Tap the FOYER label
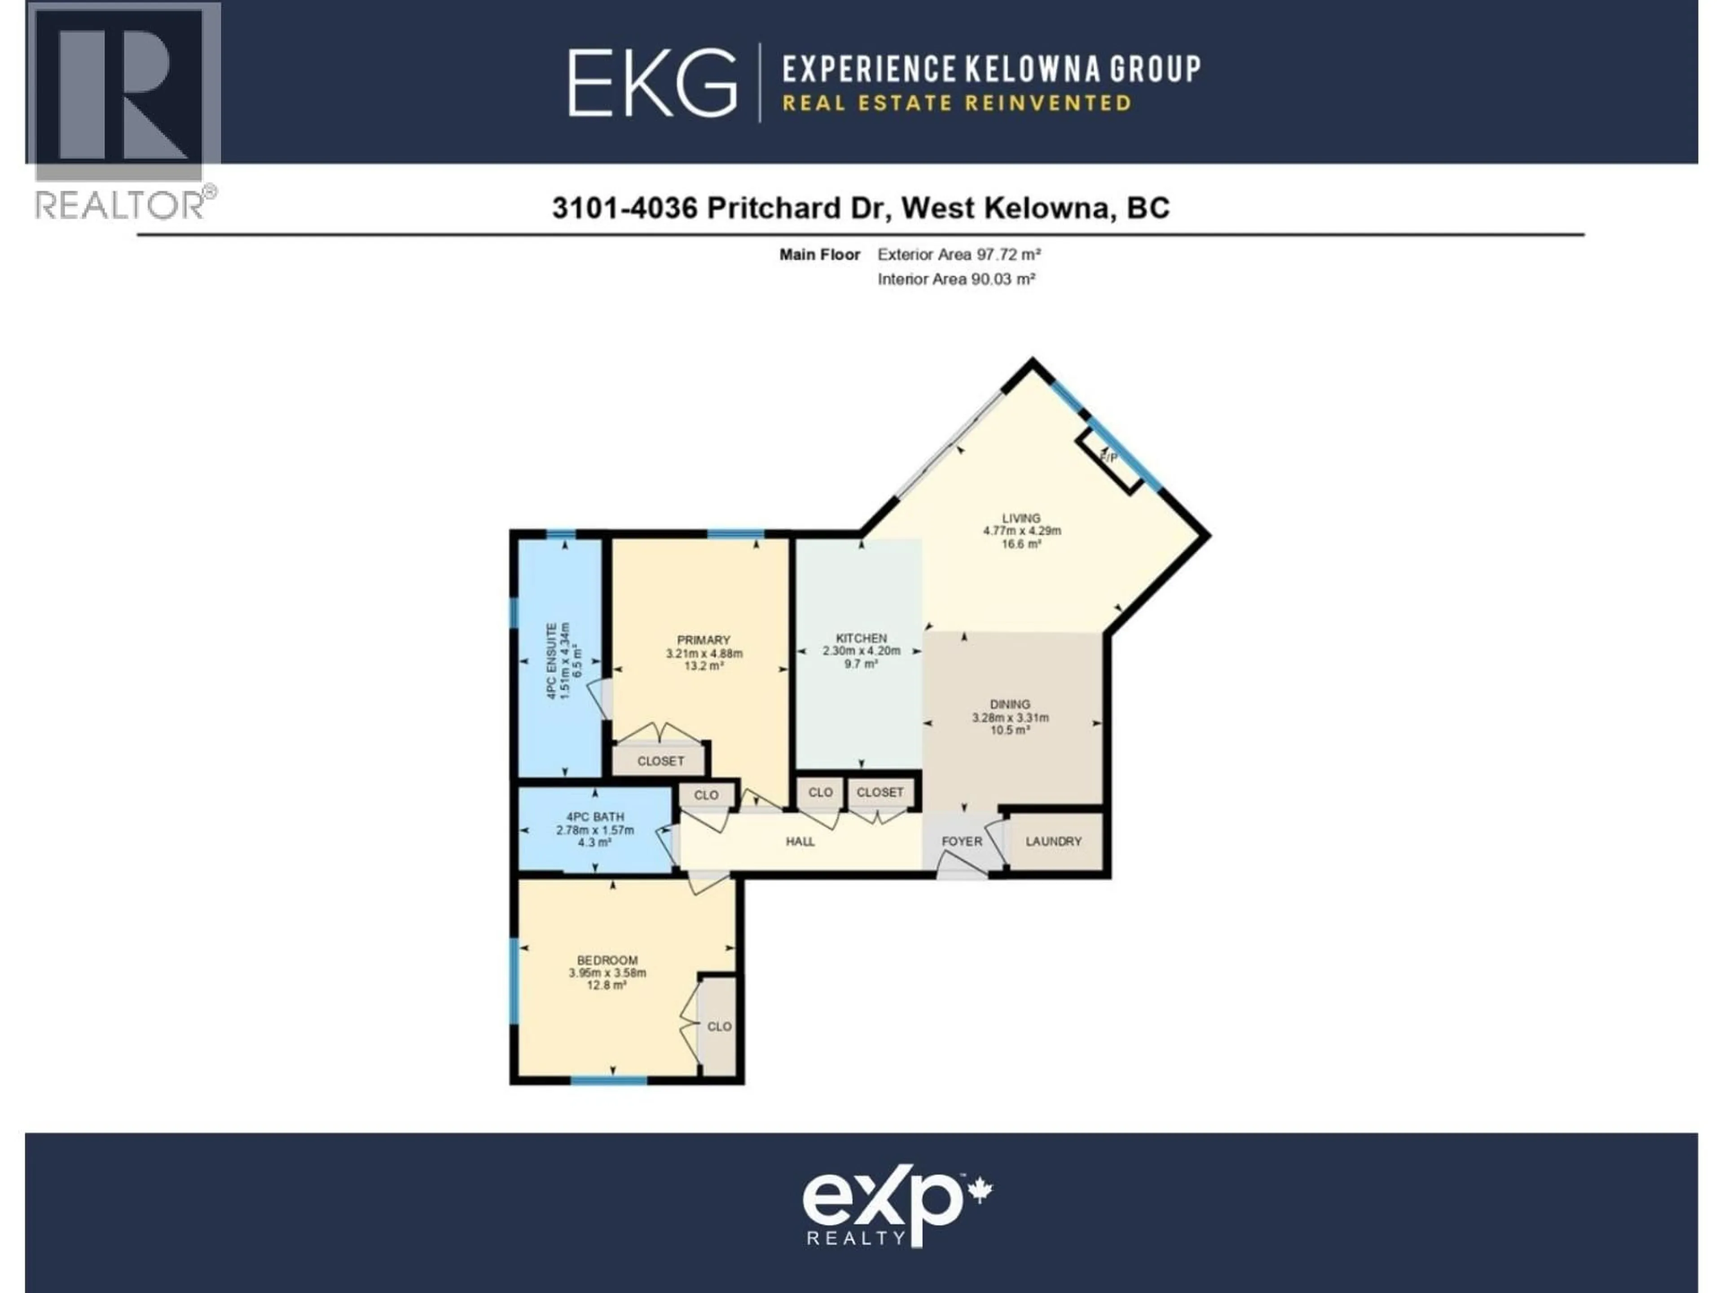point(962,842)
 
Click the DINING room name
point(1010,704)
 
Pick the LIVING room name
point(1021,518)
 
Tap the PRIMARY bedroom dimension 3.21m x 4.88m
point(704,653)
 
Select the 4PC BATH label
point(595,817)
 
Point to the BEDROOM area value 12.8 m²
point(607,985)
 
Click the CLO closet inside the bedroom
point(719,1026)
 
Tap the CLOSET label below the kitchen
point(880,792)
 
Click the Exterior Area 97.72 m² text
point(959,254)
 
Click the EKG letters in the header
point(651,83)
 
